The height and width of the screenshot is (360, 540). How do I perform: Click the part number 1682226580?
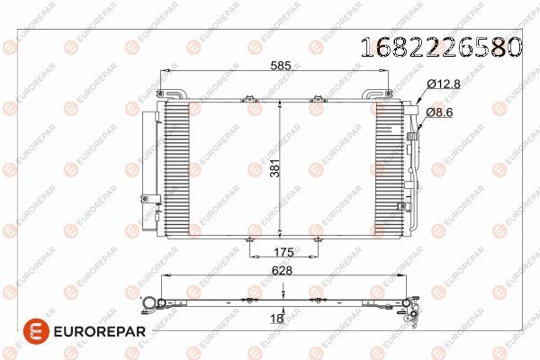[x=440, y=46]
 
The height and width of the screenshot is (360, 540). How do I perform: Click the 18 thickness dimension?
[x=277, y=318]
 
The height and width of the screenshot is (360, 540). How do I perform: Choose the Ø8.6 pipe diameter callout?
[x=442, y=112]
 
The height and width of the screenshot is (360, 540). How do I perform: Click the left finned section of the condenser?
[x=177, y=167]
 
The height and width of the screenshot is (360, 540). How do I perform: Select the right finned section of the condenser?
[x=390, y=167]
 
